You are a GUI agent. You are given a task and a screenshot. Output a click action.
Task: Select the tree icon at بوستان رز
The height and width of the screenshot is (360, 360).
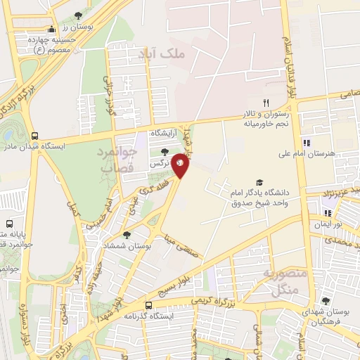click(x=77, y=15)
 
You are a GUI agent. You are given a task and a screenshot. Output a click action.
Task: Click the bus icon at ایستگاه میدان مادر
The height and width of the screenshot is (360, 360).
click(x=34, y=136)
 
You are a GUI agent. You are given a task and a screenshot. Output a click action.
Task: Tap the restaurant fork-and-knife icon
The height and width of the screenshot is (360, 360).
click(x=266, y=103)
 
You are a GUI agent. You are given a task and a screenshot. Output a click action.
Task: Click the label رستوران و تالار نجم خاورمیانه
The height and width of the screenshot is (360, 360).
click(x=263, y=119)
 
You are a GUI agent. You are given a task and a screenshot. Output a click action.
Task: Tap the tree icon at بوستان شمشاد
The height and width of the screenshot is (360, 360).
click(x=126, y=235)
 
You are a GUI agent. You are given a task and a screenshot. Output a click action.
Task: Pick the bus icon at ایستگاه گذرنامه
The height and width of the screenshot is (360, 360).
click(x=148, y=305)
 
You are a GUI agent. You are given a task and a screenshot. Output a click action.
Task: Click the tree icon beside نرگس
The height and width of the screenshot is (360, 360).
click(x=164, y=151)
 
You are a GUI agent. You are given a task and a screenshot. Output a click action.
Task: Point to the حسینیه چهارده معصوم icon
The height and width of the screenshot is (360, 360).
click(x=50, y=30)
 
